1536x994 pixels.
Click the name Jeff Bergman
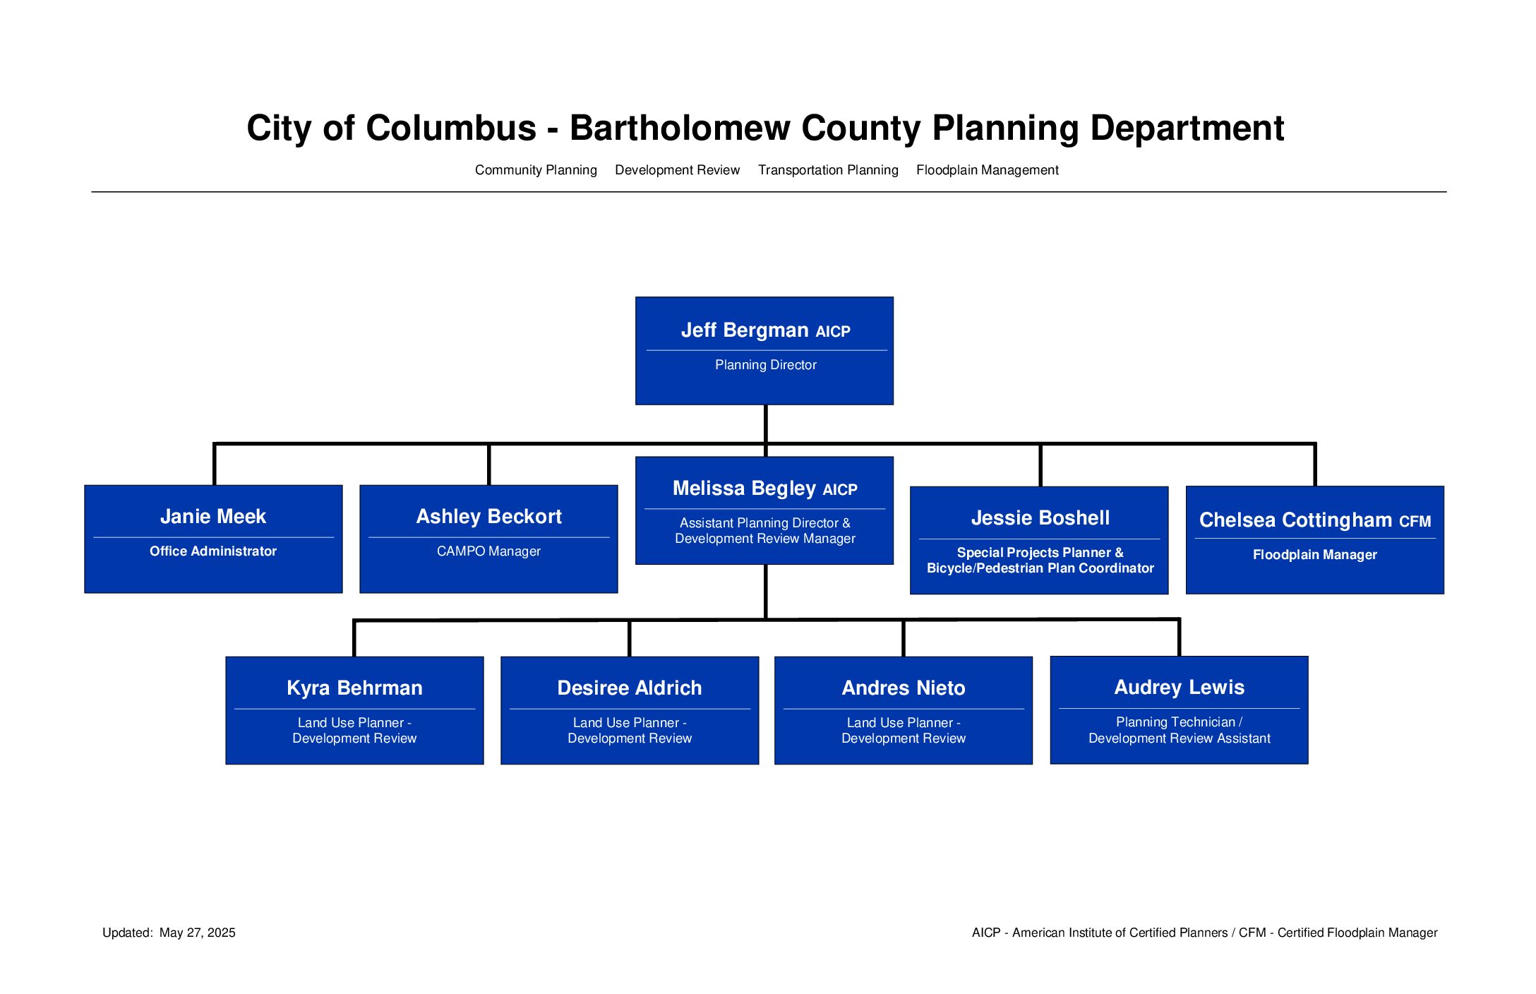point(745,330)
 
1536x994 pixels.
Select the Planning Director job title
point(765,365)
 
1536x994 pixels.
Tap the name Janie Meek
point(213,516)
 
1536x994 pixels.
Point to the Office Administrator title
point(213,551)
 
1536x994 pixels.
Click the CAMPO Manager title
point(488,551)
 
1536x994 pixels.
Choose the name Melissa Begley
point(744,488)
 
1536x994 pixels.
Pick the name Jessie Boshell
point(1040,517)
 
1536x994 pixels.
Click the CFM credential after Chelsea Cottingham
point(1415,522)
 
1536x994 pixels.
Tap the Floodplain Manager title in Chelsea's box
point(1314,555)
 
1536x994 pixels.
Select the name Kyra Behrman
point(354,688)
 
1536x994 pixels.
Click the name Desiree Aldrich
point(630,688)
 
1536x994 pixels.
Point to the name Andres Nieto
point(904,688)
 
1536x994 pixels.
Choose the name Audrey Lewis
point(1179,687)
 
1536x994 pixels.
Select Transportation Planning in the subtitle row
point(828,170)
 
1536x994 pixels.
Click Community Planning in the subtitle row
point(536,170)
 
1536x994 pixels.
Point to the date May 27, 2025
point(198,933)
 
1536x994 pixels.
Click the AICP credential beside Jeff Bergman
point(833,332)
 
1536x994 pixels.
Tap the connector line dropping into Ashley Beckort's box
point(488,465)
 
